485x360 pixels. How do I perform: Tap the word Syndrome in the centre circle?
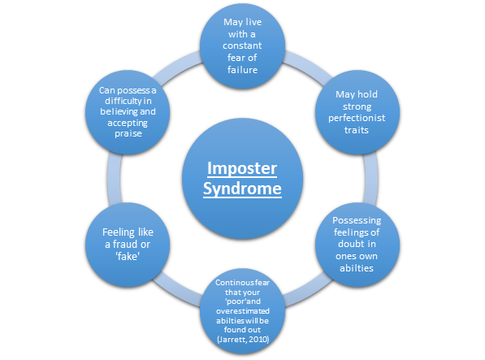click(x=242, y=189)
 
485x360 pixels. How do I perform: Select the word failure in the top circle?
click(x=242, y=70)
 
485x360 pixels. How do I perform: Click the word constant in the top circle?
click(x=242, y=46)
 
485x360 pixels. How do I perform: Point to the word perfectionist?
click(x=357, y=118)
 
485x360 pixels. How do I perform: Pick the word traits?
click(x=357, y=130)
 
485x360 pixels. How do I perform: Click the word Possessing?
click(x=357, y=220)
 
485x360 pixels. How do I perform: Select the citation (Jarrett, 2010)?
click(x=243, y=340)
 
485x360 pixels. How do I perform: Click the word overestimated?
click(x=243, y=310)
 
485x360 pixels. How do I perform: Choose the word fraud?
click(x=124, y=245)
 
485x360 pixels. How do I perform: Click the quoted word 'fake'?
click(x=128, y=256)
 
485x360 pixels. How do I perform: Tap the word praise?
click(x=128, y=133)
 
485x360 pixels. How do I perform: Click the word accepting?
click(x=128, y=123)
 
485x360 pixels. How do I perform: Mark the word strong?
click(x=357, y=106)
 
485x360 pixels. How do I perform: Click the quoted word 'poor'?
click(x=236, y=301)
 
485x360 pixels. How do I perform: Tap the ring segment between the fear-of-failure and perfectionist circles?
click(x=307, y=66)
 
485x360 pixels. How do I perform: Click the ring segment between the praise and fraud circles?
click(x=114, y=179)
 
